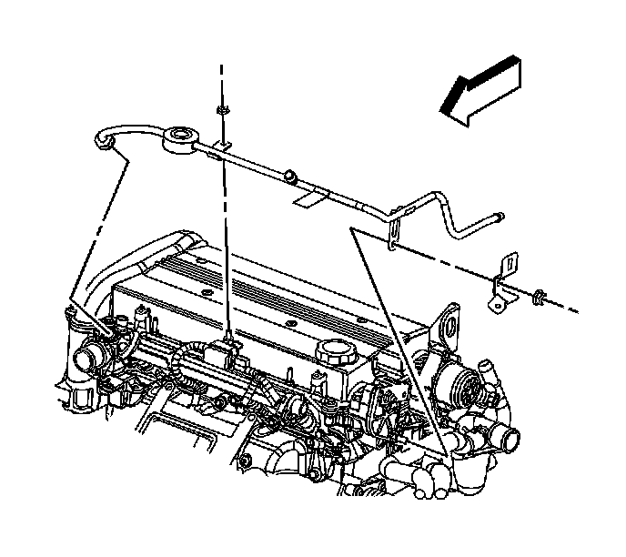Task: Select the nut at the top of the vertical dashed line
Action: click(222, 110)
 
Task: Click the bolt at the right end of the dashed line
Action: click(540, 295)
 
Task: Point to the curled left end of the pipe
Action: click(102, 138)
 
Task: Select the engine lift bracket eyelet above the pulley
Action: click(449, 328)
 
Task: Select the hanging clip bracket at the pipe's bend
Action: click(394, 228)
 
